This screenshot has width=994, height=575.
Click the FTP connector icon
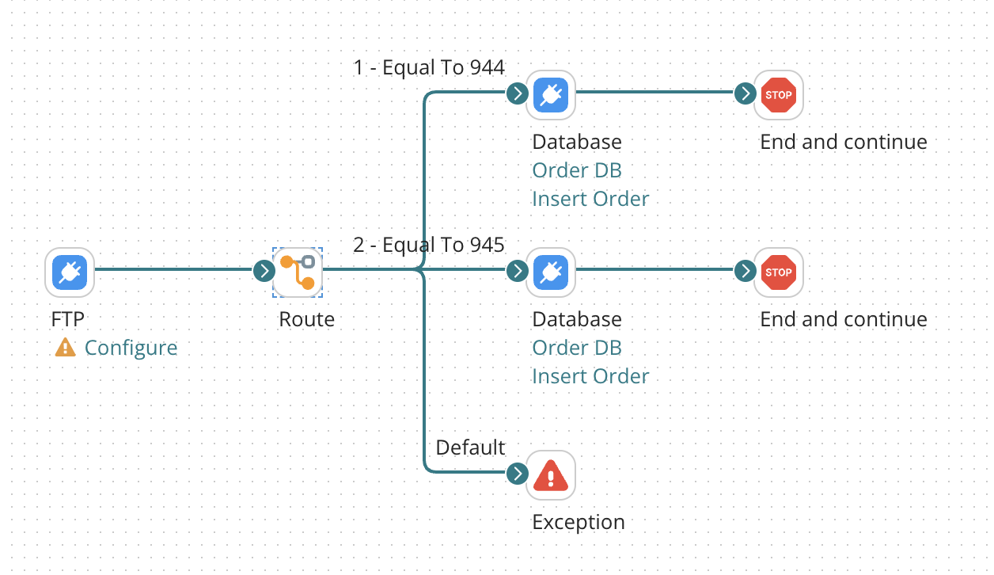pyautogui.click(x=70, y=272)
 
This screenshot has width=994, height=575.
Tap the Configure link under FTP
pyautogui.click(x=131, y=348)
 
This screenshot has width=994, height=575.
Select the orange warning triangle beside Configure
pyautogui.click(x=65, y=347)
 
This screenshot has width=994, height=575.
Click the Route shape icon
pyautogui.click(x=298, y=272)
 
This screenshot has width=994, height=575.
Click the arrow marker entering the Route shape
pyautogui.click(x=264, y=272)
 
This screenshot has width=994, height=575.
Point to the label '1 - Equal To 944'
pyautogui.click(x=428, y=68)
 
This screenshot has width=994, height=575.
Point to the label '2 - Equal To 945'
pyautogui.click(x=428, y=246)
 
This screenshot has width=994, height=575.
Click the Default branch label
pyautogui.click(x=470, y=447)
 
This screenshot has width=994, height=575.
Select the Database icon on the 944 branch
pyautogui.click(x=550, y=95)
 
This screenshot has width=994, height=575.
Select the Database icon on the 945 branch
pyautogui.click(x=550, y=272)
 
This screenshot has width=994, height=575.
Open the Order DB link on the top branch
pyautogui.click(x=576, y=170)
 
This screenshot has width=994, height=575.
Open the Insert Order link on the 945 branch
pyautogui.click(x=590, y=376)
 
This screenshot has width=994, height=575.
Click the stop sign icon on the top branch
pyautogui.click(x=778, y=95)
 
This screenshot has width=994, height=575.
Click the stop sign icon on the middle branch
pyautogui.click(x=778, y=272)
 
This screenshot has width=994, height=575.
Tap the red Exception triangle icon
pyautogui.click(x=550, y=476)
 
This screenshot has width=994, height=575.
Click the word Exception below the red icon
pyautogui.click(x=578, y=523)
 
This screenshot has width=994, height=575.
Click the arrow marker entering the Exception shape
pyautogui.click(x=517, y=474)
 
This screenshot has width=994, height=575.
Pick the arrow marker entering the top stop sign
pyautogui.click(x=745, y=93)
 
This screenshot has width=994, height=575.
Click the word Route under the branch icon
pyautogui.click(x=306, y=319)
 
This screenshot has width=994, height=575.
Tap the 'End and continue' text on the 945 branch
pyautogui.click(x=843, y=319)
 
